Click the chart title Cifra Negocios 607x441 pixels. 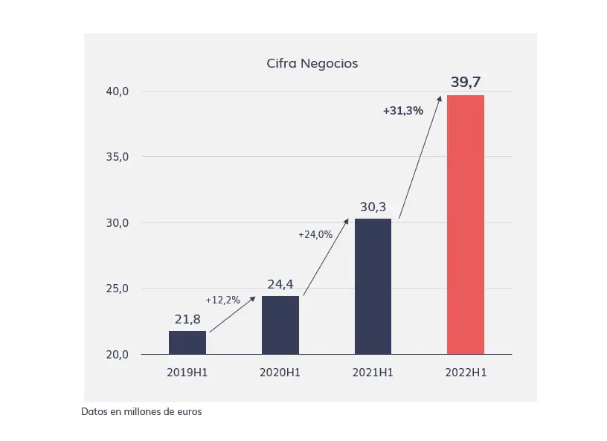[312, 63]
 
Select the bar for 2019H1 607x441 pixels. [187, 343]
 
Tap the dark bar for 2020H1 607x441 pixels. [280, 325]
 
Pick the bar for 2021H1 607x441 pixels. [373, 286]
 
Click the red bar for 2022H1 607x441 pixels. [466, 225]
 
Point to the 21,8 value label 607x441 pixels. [187, 320]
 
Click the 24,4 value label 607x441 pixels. [280, 284]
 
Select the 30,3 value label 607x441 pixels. [373, 207]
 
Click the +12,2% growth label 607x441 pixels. [223, 300]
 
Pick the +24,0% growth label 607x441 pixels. [315, 234]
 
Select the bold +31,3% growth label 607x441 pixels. [403, 111]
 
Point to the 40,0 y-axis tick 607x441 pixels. [118, 91]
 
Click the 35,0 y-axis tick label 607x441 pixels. [118, 157]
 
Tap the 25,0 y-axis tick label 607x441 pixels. [118, 289]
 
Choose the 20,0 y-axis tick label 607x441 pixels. [118, 354]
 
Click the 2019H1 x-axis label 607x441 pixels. [187, 373]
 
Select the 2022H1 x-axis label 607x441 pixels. [466, 373]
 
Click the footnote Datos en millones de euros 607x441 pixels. [141, 411]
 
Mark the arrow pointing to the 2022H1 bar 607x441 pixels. [420, 157]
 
